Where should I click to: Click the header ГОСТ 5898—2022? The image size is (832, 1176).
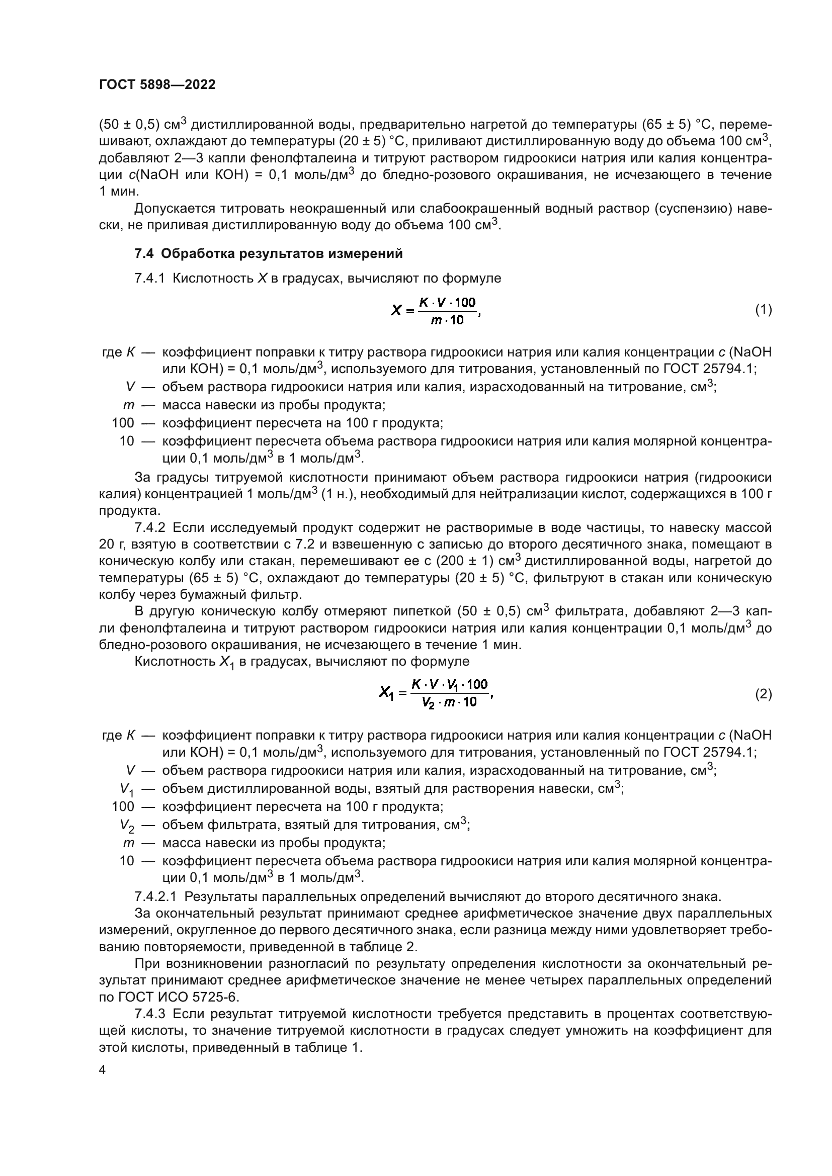coord(157,85)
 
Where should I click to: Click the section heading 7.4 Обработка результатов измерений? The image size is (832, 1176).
coord(268,253)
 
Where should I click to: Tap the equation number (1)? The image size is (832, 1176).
coord(764,310)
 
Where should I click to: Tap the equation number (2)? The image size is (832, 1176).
coord(764,694)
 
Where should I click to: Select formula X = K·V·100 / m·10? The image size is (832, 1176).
coord(436,310)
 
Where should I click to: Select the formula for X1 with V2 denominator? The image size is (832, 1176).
coord(436,693)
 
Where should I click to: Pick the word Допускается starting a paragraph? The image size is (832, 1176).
coord(173,209)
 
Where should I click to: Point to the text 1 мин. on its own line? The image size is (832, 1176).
coord(118,192)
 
